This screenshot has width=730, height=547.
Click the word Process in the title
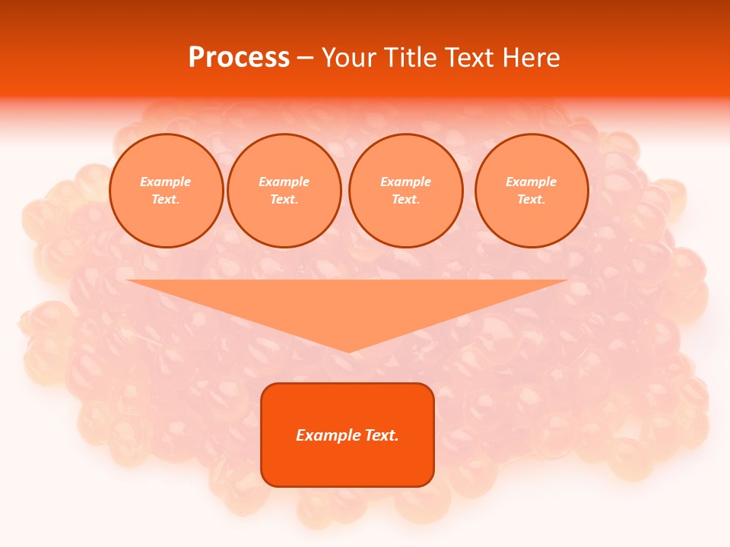pyautogui.click(x=239, y=58)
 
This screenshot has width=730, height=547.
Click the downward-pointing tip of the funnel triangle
pyautogui.click(x=348, y=350)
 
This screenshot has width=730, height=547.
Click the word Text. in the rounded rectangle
pyautogui.click(x=382, y=435)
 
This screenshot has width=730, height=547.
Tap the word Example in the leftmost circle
pyautogui.click(x=166, y=182)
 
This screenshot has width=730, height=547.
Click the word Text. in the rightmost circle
pyautogui.click(x=531, y=200)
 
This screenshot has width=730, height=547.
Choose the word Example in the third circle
pyautogui.click(x=405, y=182)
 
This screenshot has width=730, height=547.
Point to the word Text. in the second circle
pyautogui.click(x=284, y=200)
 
